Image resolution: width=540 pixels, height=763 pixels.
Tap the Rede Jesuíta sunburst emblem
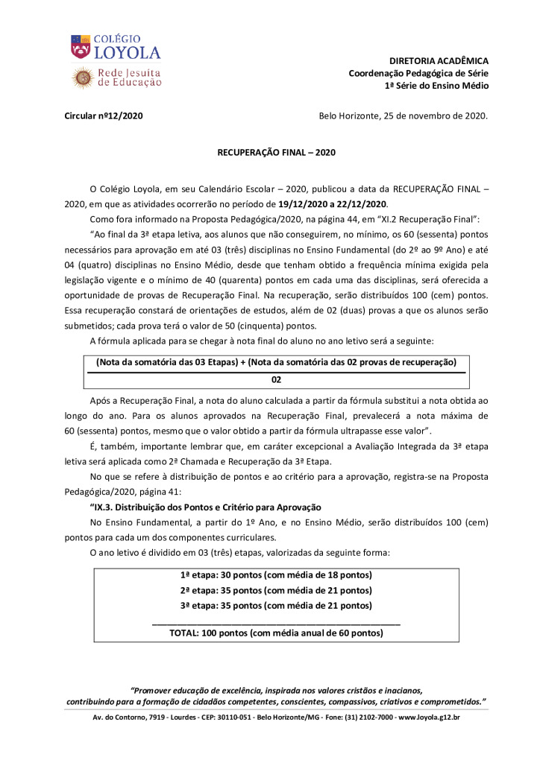pyautogui.click(x=82, y=77)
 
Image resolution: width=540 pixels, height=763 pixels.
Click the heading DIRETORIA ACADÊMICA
pyautogui.click(x=439, y=60)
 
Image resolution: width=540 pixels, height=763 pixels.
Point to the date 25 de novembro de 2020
pyautogui.click(x=434, y=115)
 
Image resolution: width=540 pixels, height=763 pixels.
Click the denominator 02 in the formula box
pyautogui.click(x=276, y=379)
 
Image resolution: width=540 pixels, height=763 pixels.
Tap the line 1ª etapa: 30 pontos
pyautogui.click(x=276, y=574)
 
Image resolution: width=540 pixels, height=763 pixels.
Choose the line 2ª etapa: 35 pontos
pyautogui.click(x=276, y=590)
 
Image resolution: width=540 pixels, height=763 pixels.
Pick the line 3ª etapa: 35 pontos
pyautogui.click(x=276, y=605)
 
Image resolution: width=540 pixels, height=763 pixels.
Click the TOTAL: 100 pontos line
pyautogui.click(x=276, y=633)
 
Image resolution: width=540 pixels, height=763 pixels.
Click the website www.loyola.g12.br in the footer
pyautogui.click(x=429, y=718)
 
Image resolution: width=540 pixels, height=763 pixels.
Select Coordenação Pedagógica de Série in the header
pyautogui.click(x=418, y=73)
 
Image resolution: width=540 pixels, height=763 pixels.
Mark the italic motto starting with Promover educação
pyautogui.click(x=276, y=691)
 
